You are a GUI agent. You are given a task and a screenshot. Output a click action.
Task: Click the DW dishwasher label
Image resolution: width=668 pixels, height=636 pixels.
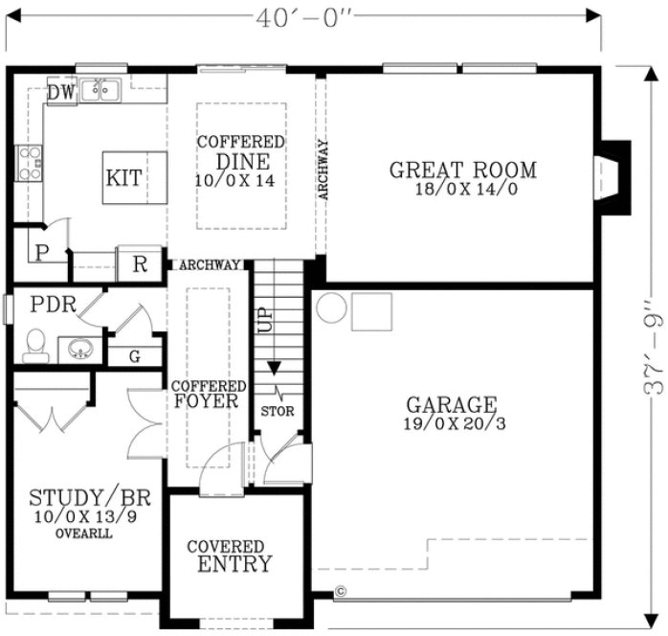pos(61,92)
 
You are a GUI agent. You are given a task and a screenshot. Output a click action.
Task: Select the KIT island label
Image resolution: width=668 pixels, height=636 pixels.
pos(123,177)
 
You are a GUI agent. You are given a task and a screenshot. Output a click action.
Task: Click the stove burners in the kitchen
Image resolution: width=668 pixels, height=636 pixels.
pos(28,162)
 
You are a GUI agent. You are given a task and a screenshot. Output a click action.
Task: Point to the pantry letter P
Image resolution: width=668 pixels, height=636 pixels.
pos(41,254)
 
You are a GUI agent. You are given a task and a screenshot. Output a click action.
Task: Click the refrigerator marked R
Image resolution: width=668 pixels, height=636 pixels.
pos(139,264)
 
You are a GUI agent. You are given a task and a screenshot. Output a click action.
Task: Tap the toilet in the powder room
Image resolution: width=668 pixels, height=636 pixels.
pos(36,342)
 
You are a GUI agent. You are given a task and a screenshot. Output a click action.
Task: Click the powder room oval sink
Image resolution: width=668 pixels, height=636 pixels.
pos(78,348)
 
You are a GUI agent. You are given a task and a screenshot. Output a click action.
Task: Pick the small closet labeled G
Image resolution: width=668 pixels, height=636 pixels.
pos(134,356)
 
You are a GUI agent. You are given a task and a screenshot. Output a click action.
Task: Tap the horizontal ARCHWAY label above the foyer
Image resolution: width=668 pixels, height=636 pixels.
pos(208,265)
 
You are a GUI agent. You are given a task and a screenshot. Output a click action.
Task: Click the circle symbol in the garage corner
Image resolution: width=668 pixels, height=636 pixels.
pos(331,308)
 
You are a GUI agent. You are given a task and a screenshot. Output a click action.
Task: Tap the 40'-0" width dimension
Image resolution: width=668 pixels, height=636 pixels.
pos(304,17)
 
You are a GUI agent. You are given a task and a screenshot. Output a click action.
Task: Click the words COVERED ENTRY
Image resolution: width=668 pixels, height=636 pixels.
pos(234,556)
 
